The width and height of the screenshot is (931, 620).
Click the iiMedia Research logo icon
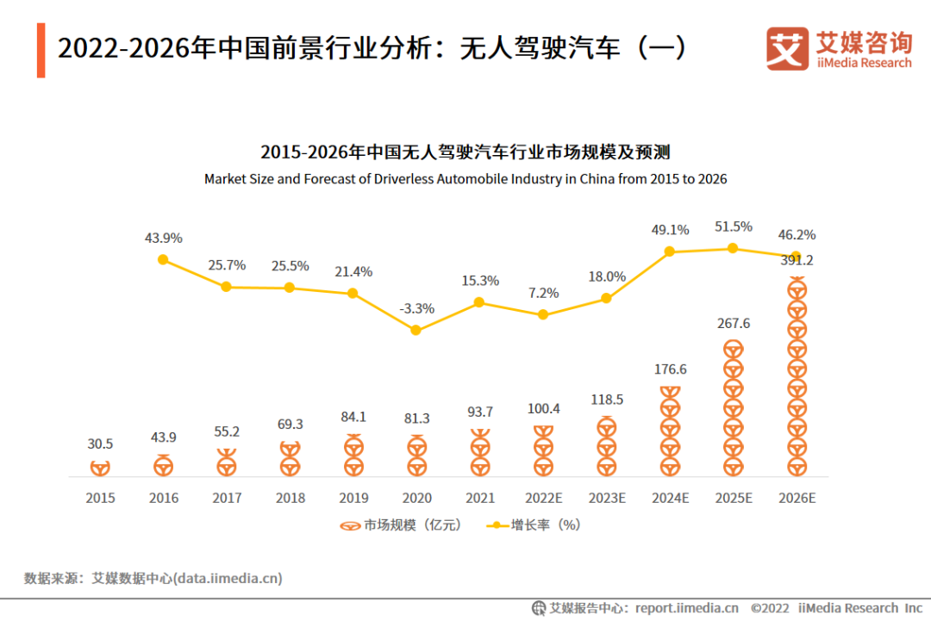(x=787, y=49)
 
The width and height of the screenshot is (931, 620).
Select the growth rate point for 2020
(x=416, y=330)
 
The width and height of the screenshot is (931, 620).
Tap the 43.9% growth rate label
(x=163, y=238)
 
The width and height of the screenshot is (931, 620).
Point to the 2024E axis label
(x=670, y=498)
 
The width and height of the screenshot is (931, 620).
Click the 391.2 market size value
(x=796, y=260)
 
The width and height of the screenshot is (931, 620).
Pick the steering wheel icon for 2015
(x=100, y=468)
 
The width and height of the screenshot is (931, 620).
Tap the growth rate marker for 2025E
(x=733, y=248)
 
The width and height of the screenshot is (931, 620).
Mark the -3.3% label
(x=416, y=308)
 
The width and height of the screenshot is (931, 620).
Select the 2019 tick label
(x=353, y=498)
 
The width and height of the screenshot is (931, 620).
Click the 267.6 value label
(x=733, y=324)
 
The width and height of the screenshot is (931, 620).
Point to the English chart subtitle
(x=465, y=179)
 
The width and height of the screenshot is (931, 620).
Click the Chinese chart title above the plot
(x=465, y=152)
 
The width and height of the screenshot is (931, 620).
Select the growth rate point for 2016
(x=163, y=259)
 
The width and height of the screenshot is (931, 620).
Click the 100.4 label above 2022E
(x=543, y=408)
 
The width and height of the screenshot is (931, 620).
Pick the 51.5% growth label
(x=733, y=226)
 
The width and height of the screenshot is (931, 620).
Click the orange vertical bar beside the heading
(x=41, y=51)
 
